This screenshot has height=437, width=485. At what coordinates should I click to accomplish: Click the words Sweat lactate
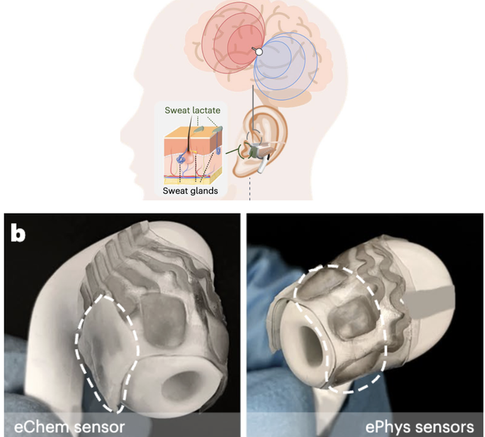coord(193,111)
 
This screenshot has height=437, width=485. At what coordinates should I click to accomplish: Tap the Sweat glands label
coord(191,191)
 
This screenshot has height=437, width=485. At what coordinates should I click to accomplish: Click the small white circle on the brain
coord(258,52)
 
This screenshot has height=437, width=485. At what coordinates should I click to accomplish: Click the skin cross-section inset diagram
coord(191,151)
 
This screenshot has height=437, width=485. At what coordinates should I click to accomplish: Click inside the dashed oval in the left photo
coord(106,348)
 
